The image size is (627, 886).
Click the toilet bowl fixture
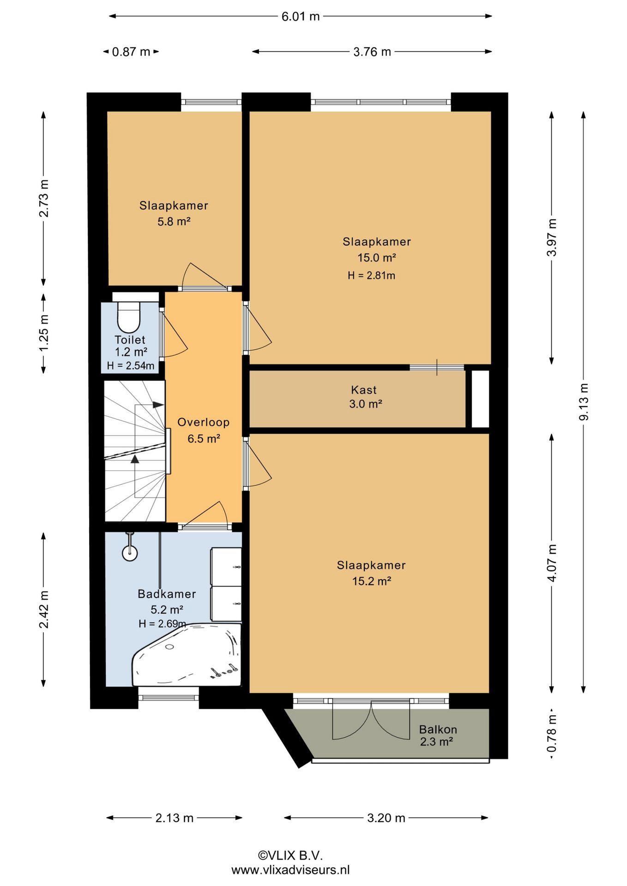pos(129,317)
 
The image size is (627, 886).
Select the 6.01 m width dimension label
pos(301,17)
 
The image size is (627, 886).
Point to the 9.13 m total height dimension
pos(584,401)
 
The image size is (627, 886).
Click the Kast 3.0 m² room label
pos(365,397)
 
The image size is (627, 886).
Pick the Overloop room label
pos(204,422)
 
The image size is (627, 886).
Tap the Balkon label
pos(438,730)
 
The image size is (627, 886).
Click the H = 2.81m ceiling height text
pos(371,275)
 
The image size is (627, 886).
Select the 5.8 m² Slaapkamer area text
pos(174,221)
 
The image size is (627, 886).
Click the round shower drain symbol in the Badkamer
pos(130,552)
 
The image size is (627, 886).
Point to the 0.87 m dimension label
pos(131,52)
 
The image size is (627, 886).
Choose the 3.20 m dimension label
pos(386,818)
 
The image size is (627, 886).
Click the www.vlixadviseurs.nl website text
pos(290,870)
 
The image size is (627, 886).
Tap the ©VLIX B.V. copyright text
pos(290,855)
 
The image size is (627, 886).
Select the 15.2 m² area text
pos(372,581)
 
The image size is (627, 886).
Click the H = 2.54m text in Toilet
pos(131,366)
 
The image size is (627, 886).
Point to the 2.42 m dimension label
pos(44,609)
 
